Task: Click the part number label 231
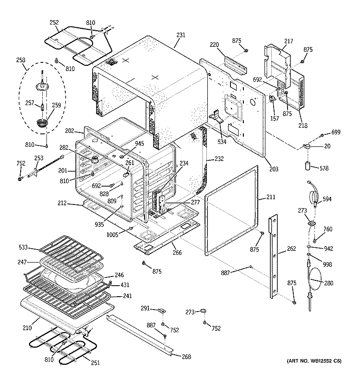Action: [181, 35]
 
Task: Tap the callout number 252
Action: [54, 22]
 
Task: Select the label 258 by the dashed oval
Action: [21, 60]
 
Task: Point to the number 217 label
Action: [288, 41]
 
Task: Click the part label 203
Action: [274, 169]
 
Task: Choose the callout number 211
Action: [271, 197]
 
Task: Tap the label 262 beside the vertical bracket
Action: [291, 249]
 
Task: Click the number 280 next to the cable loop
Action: [329, 283]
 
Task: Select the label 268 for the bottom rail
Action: [186, 357]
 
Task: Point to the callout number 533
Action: [23, 247]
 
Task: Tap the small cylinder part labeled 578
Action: [308, 165]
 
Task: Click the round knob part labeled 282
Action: [94, 160]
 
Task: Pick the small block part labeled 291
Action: [162, 311]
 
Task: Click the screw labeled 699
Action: [322, 135]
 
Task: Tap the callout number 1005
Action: [112, 235]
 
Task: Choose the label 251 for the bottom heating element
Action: [95, 363]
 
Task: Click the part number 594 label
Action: [327, 199]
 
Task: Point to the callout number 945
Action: [139, 144]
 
